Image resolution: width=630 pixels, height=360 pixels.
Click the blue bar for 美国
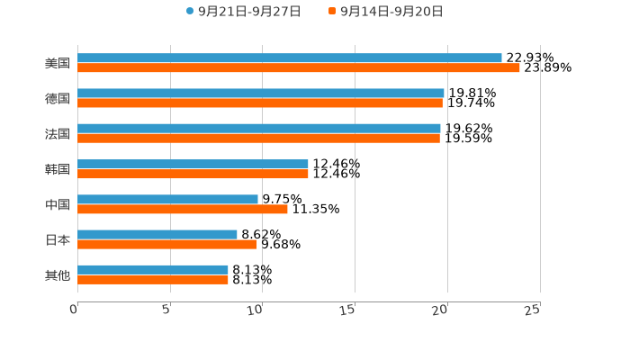pos(290,58)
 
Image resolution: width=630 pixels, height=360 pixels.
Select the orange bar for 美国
pos(299,68)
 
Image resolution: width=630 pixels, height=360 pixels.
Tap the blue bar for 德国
pos(261,93)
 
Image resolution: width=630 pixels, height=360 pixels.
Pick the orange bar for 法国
pos(259,139)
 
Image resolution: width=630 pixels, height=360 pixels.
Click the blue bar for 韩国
pos(193,164)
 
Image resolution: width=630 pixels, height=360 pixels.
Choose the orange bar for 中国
pos(183,210)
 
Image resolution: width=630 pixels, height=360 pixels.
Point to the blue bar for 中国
pos(167,199)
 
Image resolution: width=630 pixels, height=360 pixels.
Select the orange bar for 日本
pos(167,245)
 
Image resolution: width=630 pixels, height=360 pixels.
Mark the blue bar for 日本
pos(157,234)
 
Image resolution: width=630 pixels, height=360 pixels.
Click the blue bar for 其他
pos(153,269)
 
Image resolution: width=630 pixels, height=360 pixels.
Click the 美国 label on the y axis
pos(58,64)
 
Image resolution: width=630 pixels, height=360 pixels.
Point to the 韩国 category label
pos(58,169)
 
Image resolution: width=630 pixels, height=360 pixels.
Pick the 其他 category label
pos(58,275)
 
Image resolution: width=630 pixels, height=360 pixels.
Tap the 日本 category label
pos(58,240)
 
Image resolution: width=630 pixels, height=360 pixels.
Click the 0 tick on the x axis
pos(74,310)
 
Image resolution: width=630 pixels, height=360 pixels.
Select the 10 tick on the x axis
pos(257,310)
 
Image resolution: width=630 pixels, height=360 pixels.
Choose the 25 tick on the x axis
pos(533,310)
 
